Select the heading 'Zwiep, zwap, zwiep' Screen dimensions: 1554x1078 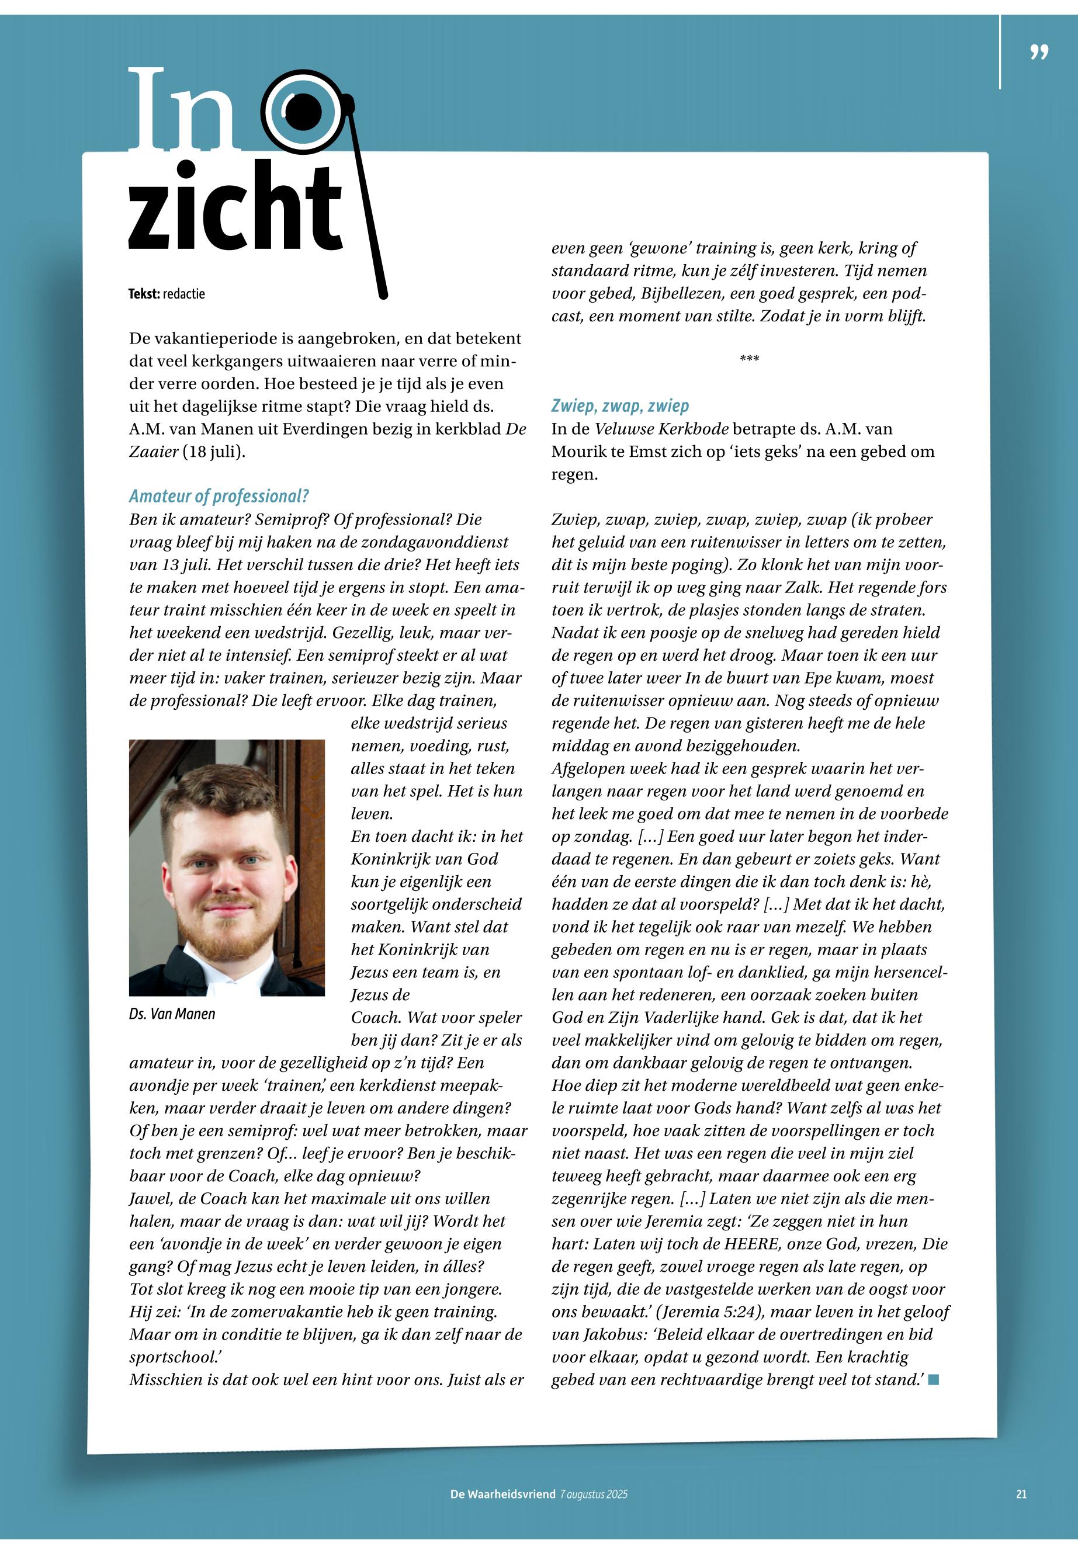620,406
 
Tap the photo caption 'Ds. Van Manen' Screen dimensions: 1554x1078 172,1014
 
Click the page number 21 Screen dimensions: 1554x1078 1021,1494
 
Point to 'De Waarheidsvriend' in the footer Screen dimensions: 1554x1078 502,1494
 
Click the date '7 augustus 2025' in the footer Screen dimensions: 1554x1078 594,1494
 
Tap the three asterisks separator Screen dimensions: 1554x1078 749,358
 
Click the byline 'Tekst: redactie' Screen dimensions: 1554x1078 166,294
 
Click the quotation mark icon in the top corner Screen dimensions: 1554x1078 1039,53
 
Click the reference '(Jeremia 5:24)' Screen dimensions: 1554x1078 709,1312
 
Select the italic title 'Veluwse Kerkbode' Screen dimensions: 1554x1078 661,429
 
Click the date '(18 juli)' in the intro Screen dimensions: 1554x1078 213,451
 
